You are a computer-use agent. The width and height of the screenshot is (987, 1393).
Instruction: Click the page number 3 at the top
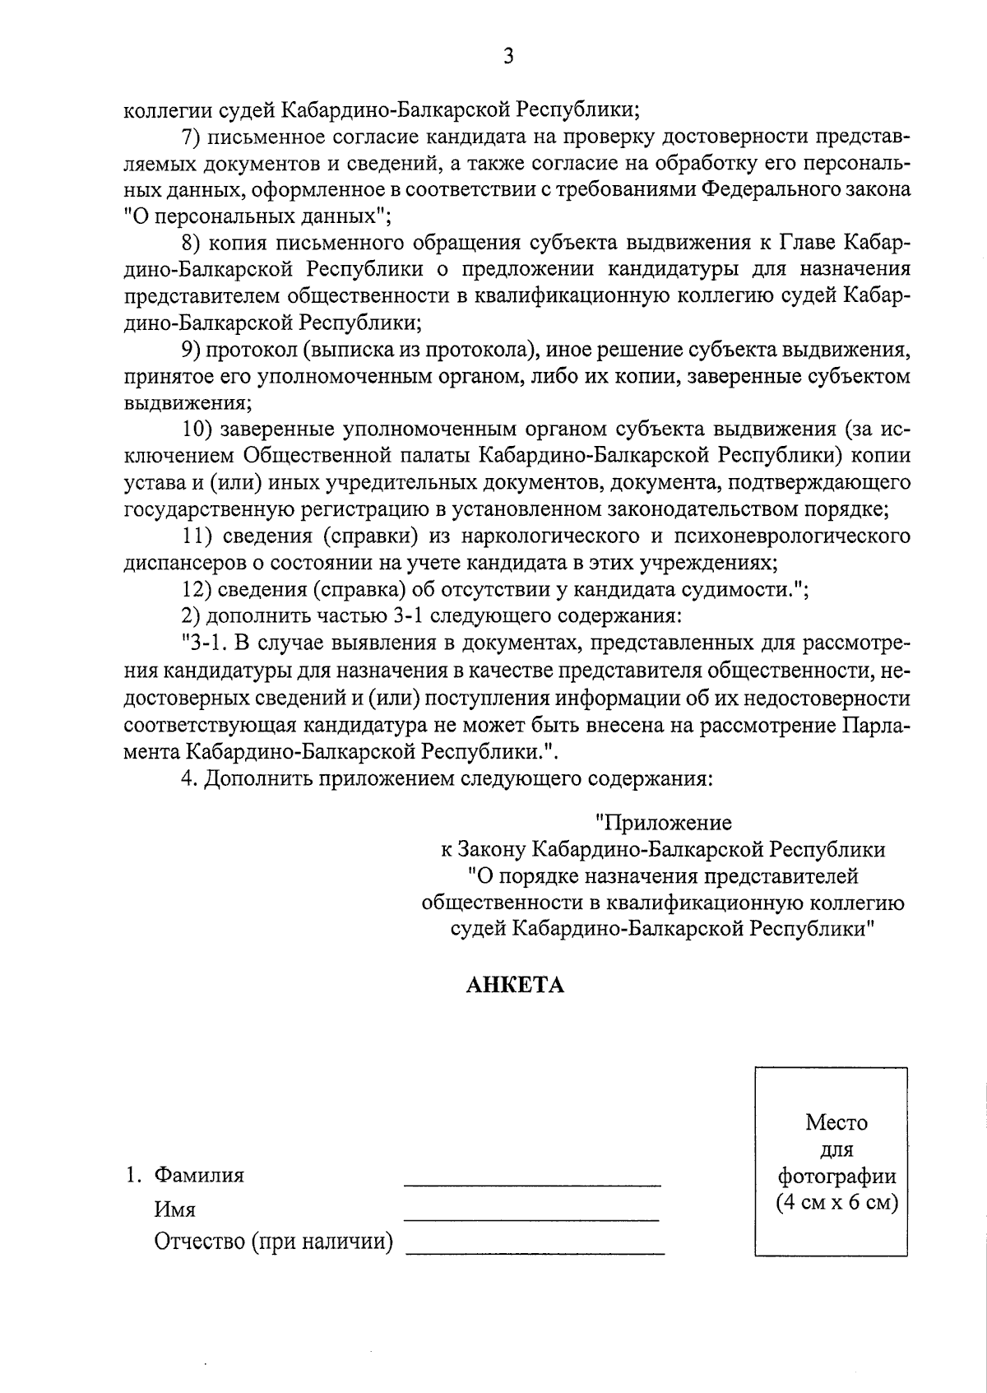tap(507, 56)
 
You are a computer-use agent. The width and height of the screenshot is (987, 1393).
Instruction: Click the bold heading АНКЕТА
tap(515, 985)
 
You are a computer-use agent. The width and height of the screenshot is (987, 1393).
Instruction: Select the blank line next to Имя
tap(532, 1218)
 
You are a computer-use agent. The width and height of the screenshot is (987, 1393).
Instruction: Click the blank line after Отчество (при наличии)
tap(535, 1251)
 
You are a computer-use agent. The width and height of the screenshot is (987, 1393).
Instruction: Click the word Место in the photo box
tap(836, 1122)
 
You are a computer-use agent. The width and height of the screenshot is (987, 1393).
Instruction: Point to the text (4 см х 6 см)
tap(836, 1202)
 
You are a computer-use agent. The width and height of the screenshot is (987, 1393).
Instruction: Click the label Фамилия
tap(199, 1175)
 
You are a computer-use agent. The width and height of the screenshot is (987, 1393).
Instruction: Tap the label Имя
tap(174, 1210)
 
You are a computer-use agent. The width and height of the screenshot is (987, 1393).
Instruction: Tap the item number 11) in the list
tap(197, 536)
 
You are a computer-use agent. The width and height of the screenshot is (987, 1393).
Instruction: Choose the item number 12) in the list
tap(197, 590)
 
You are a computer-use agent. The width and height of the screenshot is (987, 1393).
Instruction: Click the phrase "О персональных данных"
tap(257, 216)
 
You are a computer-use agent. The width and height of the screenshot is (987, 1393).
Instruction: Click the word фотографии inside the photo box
tap(836, 1176)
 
